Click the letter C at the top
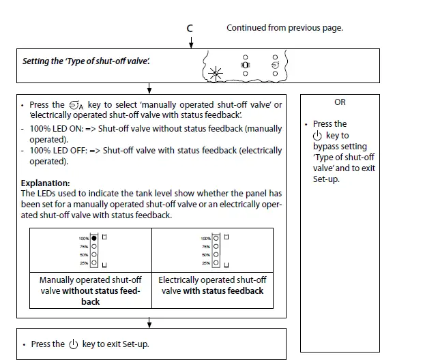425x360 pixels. (190, 28)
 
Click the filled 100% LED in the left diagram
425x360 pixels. (94, 238)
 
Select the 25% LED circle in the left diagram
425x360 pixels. (94, 262)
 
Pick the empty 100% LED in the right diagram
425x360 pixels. (216, 238)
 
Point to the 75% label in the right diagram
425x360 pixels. (205, 246)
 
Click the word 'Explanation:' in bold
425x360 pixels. (45, 183)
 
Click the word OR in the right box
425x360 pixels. (340, 102)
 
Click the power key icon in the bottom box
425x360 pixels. (74, 344)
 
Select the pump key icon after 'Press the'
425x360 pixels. (76, 105)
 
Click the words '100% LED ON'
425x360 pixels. (54, 129)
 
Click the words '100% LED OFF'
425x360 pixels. (55, 151)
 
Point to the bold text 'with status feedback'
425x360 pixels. (223, 291)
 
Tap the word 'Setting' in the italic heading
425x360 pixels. (37, 61)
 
